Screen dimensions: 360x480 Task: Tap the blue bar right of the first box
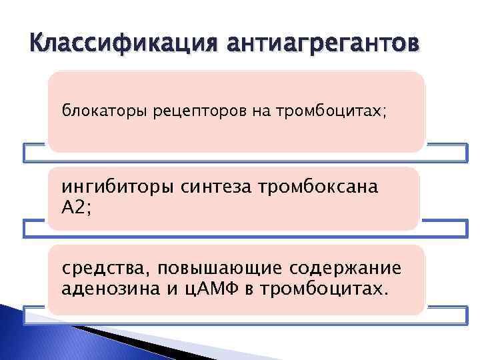(445, 153)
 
